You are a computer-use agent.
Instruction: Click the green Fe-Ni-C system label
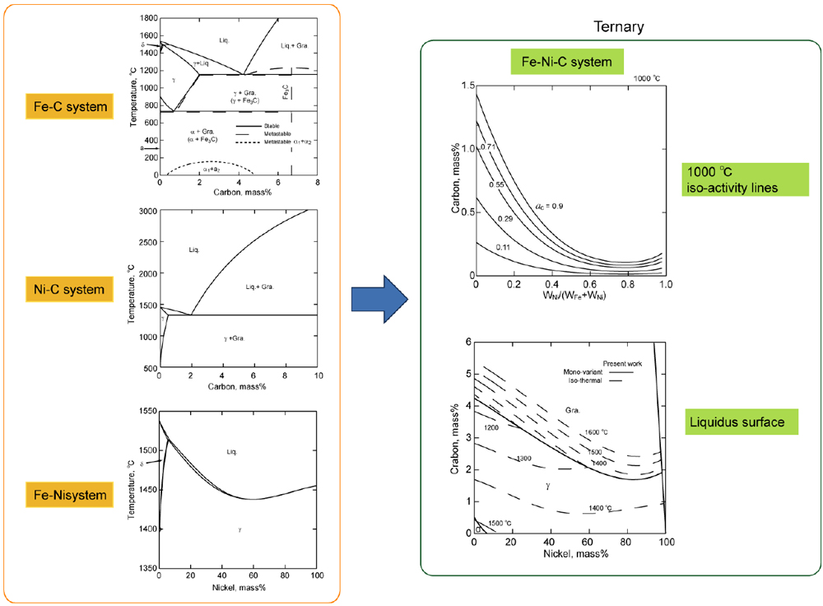(x=567, y=61)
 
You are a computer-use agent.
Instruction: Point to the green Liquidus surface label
(x=735, y=423)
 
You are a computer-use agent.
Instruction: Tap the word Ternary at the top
(x=618, y=27)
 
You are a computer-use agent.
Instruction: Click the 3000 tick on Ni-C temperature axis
(x=147, y=212)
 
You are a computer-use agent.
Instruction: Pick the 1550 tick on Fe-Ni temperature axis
(x=147, y=411)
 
